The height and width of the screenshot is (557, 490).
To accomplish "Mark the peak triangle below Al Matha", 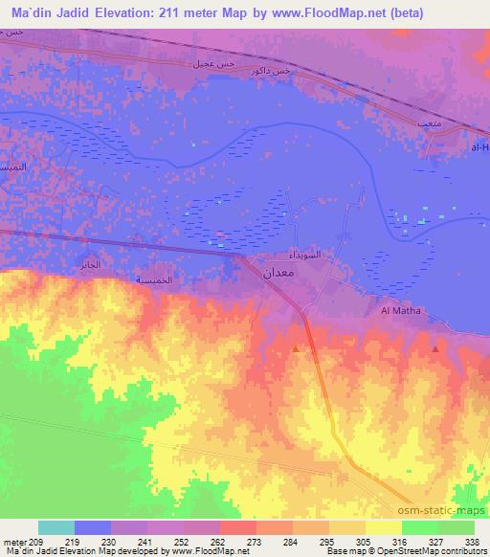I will point(436,348).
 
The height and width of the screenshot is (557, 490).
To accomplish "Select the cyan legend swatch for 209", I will point(56,527).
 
